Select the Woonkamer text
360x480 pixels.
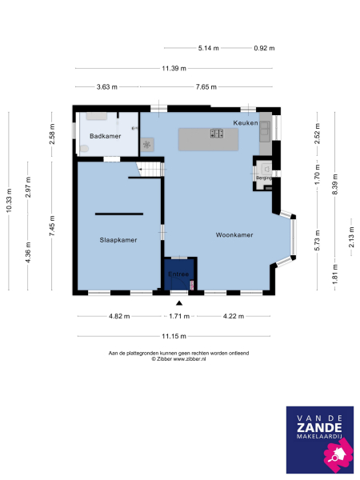tap(234, 235)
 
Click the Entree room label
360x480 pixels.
tap(178, 274)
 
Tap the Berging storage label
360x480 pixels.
tap(263, 178)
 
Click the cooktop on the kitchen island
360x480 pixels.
tap(217, 134)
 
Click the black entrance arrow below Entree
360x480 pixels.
tap(179, 303)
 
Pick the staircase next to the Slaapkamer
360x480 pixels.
tap(150, 169)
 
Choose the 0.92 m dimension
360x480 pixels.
tap(263, 48)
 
